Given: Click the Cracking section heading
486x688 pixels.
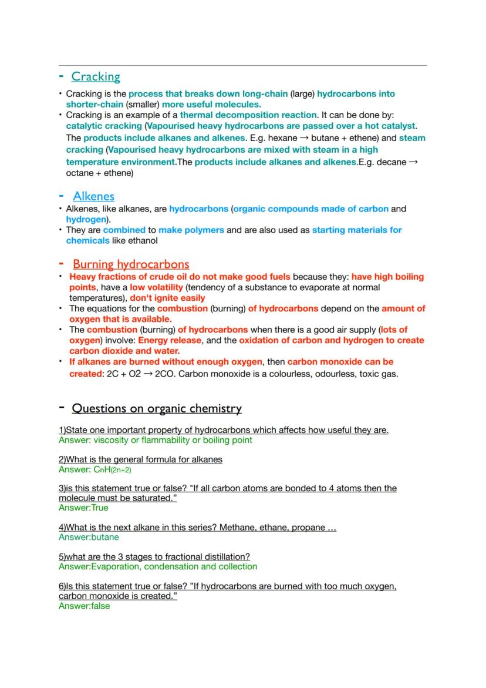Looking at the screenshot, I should coord(96,76).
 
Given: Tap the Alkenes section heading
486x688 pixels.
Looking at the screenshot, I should coord(94,196).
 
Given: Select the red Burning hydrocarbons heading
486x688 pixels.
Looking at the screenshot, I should coord(131,264).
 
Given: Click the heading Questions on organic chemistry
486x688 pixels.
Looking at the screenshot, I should coord(157,408).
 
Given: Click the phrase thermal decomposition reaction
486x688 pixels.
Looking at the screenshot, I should coord(248,115).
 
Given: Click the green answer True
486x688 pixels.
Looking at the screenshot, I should coord(99,508).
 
